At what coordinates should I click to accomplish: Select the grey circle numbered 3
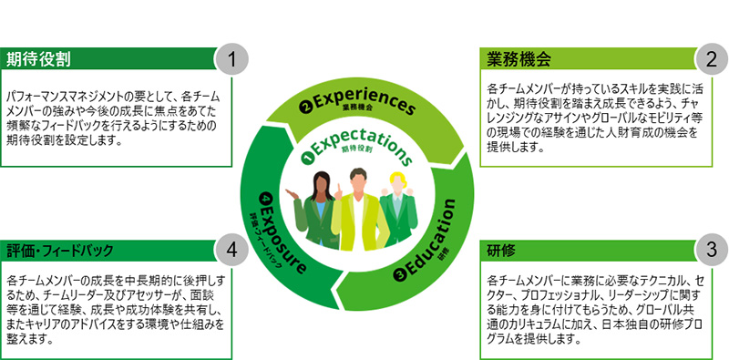[710, 250]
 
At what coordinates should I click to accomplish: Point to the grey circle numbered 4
[232, 250]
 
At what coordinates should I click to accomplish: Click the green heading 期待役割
[40, 59]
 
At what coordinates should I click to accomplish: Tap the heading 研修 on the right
[502, 248]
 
